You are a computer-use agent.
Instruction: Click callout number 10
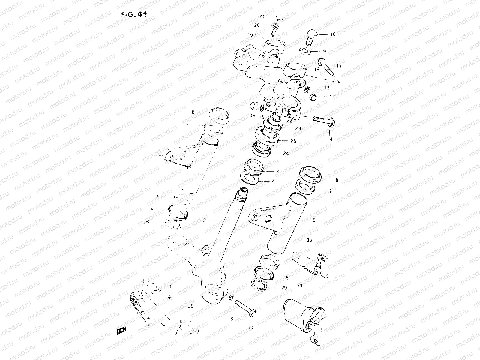[333, 34]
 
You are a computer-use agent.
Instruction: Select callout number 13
[326, 88]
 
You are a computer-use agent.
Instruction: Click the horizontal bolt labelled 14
[324, 121]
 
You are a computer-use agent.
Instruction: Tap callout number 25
[293, 141]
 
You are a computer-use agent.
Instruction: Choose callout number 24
[286, 153]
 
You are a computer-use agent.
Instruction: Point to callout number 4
[273, 181]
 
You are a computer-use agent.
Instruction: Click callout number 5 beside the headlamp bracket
[314, 220]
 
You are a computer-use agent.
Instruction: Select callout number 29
[284, 288]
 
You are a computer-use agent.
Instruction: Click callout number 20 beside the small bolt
[257, 25]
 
